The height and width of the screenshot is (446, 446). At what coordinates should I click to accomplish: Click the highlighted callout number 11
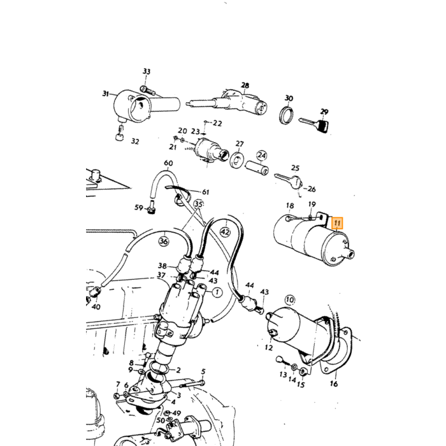coord(337,223)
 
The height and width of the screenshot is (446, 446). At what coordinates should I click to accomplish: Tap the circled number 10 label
coord(289,300)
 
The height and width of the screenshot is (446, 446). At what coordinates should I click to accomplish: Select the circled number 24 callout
coord(262,155)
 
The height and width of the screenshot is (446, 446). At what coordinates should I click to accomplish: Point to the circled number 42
coord(225,233)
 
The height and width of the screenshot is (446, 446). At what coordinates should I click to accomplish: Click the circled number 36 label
coord(164,241)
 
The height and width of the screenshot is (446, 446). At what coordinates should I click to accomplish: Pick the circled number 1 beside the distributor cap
coord(217,292)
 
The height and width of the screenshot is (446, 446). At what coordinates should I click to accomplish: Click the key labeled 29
coord(315,124)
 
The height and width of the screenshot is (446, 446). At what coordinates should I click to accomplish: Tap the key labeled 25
coord(288,180)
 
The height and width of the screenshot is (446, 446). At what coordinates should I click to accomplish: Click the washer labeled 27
coord(236,160)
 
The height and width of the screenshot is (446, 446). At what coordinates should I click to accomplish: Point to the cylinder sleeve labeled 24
coord(257,168)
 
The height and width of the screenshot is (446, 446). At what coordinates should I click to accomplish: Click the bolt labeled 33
coord(148,90)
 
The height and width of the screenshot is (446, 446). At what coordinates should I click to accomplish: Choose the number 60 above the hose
coord(168,163)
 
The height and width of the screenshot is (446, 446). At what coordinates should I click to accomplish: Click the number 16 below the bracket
coord(334,384)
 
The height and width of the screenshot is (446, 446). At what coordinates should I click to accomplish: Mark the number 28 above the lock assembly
coord(245,85)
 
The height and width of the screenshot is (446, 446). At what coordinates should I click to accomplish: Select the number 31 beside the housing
coord(106,93)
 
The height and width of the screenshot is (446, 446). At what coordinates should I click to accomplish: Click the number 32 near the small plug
coord(135,141)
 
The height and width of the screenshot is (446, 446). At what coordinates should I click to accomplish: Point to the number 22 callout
coord(217,123)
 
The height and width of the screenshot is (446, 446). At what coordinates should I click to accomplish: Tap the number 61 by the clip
coord(205,192)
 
